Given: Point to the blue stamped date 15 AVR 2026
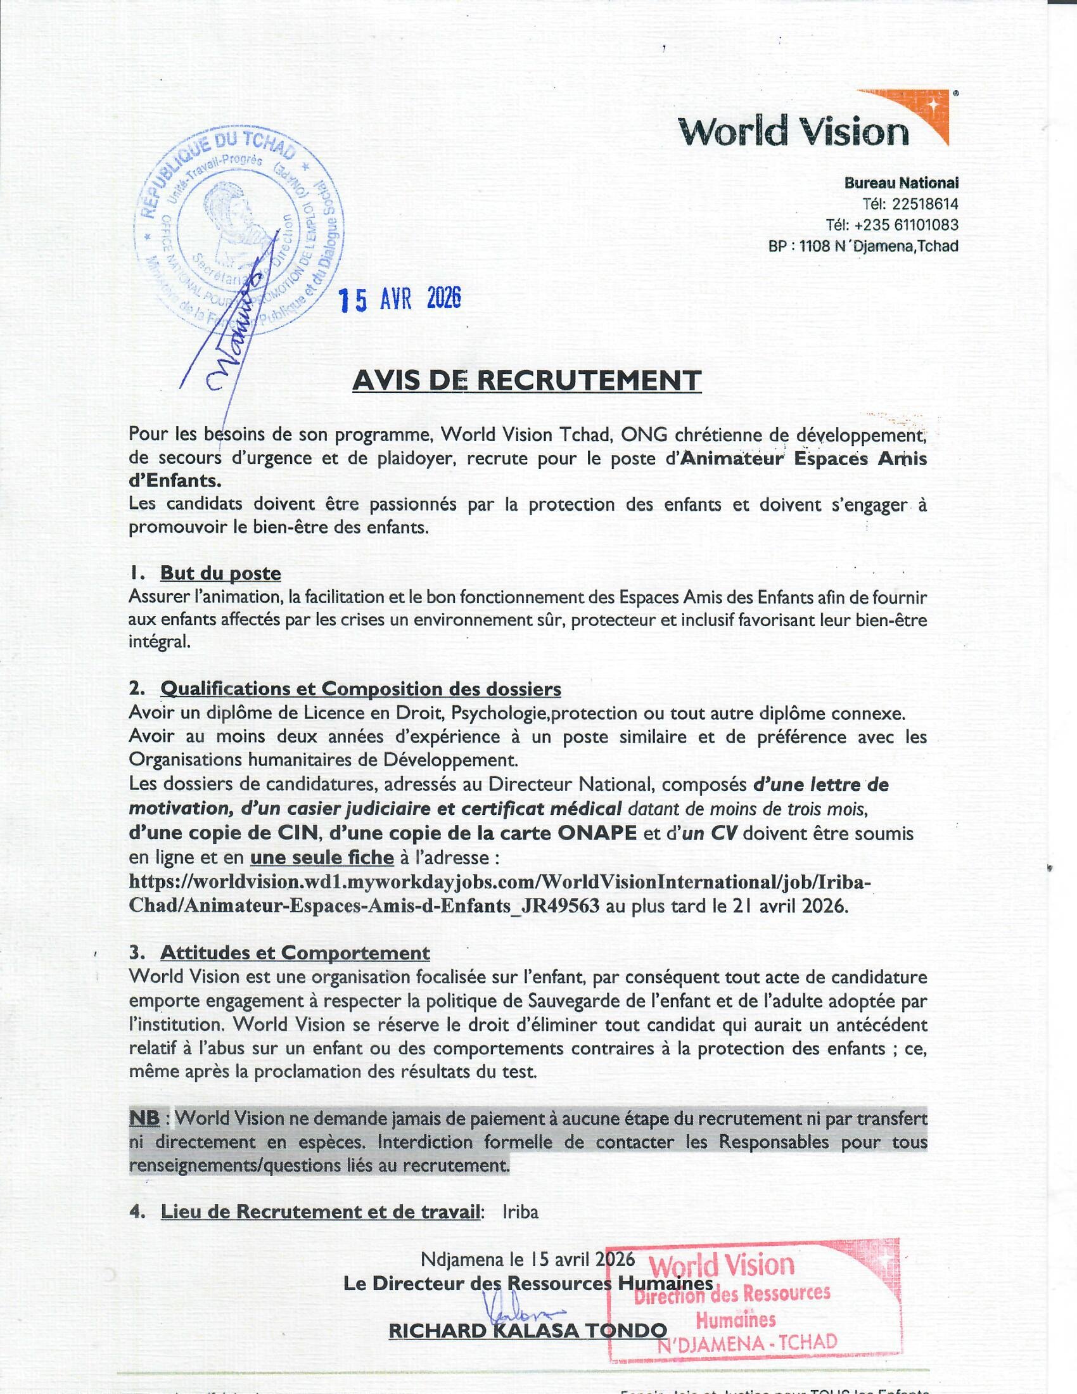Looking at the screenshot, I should pos(399,298).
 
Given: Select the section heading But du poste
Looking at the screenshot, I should pos(220,573).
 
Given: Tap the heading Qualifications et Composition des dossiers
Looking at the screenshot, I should pos(360,689).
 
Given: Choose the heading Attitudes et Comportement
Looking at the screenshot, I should pos(295,953).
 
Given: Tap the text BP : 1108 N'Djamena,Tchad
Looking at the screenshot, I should pos(864,246).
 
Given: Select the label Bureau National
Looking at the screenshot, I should pos(902,183).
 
